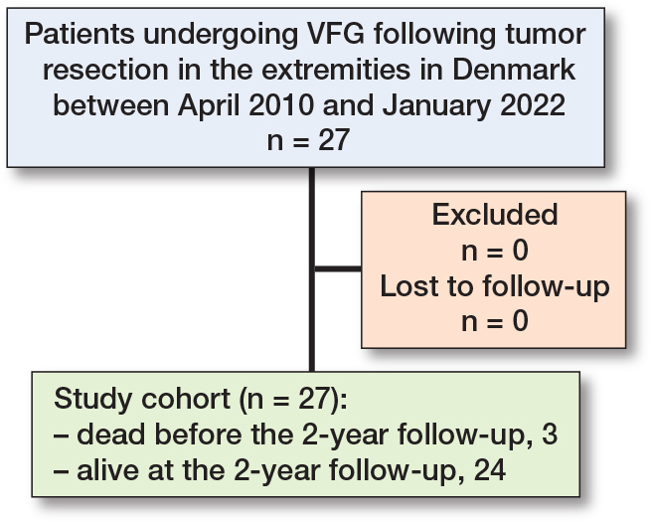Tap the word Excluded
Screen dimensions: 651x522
494,214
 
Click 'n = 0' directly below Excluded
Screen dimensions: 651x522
494,249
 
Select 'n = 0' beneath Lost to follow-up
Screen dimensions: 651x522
494,320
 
